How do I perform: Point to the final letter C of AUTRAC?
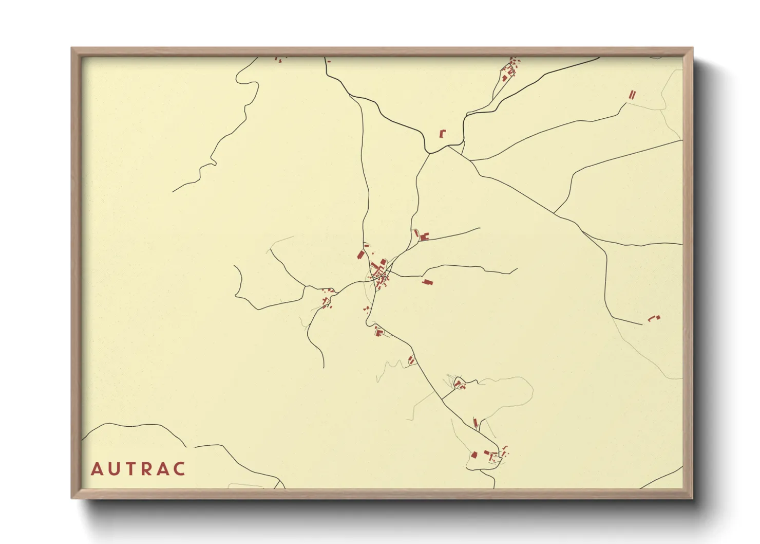click(179, 469)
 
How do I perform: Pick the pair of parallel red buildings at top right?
click(633, 95)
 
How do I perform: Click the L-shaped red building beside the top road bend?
click(442, 133)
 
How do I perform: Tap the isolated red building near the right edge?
click(653, 318)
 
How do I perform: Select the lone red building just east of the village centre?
click(427, 282)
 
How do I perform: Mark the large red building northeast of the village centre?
click(424, 237)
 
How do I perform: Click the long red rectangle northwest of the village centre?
click(360, 255)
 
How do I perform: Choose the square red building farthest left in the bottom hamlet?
click(474, 455)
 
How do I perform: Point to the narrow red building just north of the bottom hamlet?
click(476, 423)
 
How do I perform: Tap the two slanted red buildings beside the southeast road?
click(411, 360)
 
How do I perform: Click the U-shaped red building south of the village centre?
click(379, 332)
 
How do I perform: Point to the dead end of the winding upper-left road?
click(173, 192)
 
